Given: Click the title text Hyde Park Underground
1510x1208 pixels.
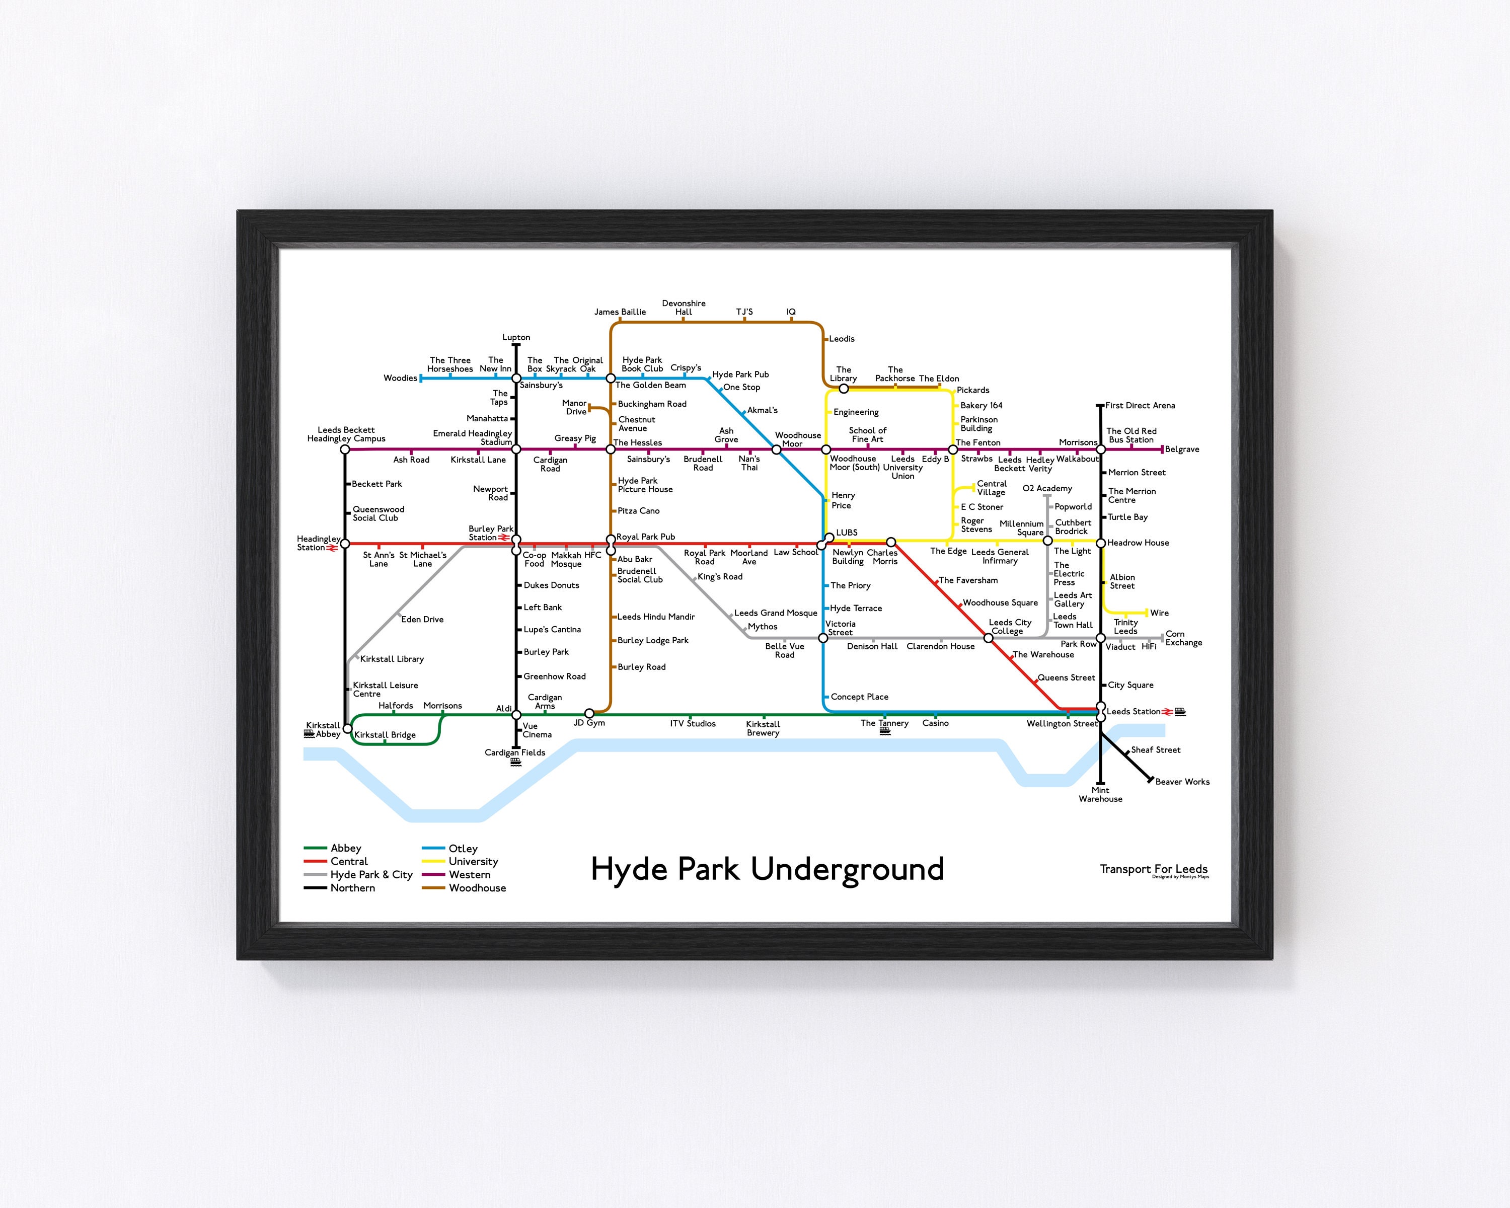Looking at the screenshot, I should click(767, 869).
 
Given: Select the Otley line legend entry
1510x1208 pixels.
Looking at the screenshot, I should click(462, 848).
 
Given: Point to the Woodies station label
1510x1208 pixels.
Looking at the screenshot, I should click(400, 378).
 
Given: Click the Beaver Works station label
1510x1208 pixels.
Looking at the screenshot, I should click(1182, 782).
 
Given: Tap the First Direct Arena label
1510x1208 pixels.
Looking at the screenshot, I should click(1140, 406).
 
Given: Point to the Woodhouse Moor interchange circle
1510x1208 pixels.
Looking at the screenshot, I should click(776, 449).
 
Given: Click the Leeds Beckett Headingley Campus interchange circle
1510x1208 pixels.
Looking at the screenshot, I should click(345, 449).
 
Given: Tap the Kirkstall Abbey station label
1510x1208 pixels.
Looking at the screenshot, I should click(323, 730).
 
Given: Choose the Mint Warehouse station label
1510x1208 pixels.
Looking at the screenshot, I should click(1100, 795).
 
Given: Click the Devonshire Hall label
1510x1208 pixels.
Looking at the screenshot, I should click(684, 308).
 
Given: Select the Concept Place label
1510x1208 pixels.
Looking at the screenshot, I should click(859, 697).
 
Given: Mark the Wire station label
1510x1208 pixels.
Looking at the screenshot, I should click(1159, 613).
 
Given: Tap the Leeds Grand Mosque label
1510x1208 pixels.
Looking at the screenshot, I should click(775, 613).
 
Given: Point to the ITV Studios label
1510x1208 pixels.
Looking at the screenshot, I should click(692, 723).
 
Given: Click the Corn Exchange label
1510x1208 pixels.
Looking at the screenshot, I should click(1183, 638).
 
